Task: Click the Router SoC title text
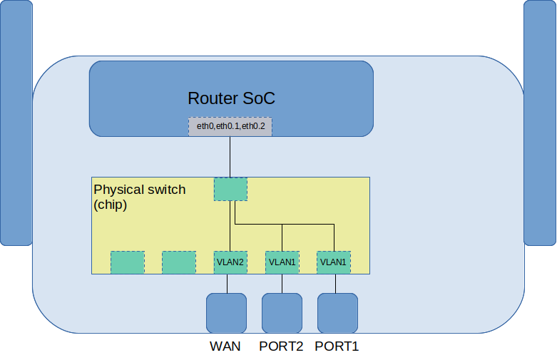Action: (231, 98)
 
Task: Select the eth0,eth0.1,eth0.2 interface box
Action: (230, 126)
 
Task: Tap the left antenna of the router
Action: (16, 123)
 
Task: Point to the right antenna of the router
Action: (540, 123)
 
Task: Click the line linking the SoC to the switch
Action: (230, 157)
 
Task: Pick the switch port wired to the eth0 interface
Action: (230, 189)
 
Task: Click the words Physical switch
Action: (140, 190)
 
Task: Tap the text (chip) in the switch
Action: (111, 205)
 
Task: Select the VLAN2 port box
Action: (230, 262)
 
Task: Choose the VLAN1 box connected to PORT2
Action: (282, 262)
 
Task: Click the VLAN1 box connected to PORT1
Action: (333, 262)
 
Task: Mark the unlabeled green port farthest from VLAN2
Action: (128, 262)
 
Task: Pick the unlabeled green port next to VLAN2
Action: (179, 262)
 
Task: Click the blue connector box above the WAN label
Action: (226, 313)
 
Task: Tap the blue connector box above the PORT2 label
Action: (282, 313)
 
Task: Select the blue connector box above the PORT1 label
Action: (337, 313)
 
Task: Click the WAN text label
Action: (225, 347)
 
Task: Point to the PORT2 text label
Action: (281, 347)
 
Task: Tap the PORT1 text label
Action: (337, 347)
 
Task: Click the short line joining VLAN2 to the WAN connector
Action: (227, 284)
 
